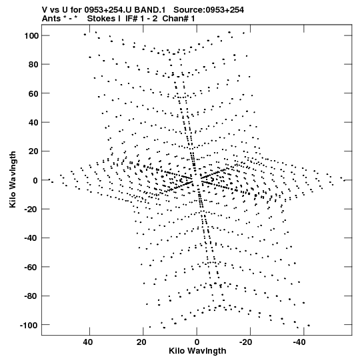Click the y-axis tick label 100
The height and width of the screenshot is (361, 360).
31,35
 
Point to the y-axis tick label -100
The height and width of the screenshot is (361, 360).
29,325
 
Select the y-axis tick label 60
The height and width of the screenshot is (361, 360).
33,93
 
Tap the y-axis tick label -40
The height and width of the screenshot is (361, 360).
31,238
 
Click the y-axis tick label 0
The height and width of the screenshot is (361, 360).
35,180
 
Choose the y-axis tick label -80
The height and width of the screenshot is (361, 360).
31,296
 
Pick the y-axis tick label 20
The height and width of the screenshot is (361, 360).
33,151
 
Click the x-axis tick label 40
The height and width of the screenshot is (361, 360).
88,342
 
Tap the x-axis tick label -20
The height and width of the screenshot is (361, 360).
246,342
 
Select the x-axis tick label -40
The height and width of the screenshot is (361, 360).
299,342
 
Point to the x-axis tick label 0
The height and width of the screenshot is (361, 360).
197,342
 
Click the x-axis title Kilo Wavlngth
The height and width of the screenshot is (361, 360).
197,351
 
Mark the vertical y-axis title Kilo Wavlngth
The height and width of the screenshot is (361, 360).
13,179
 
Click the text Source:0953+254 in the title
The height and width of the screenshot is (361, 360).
209,10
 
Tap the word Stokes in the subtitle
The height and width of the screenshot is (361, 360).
102,19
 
